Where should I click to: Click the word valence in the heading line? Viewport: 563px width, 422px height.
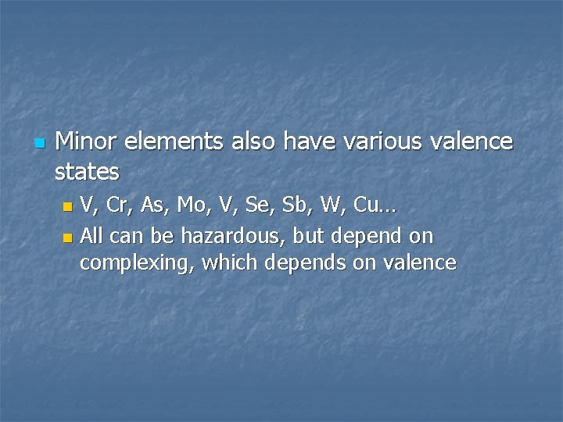click(474, 141)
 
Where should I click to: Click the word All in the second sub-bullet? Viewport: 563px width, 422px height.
click(91, 235)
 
